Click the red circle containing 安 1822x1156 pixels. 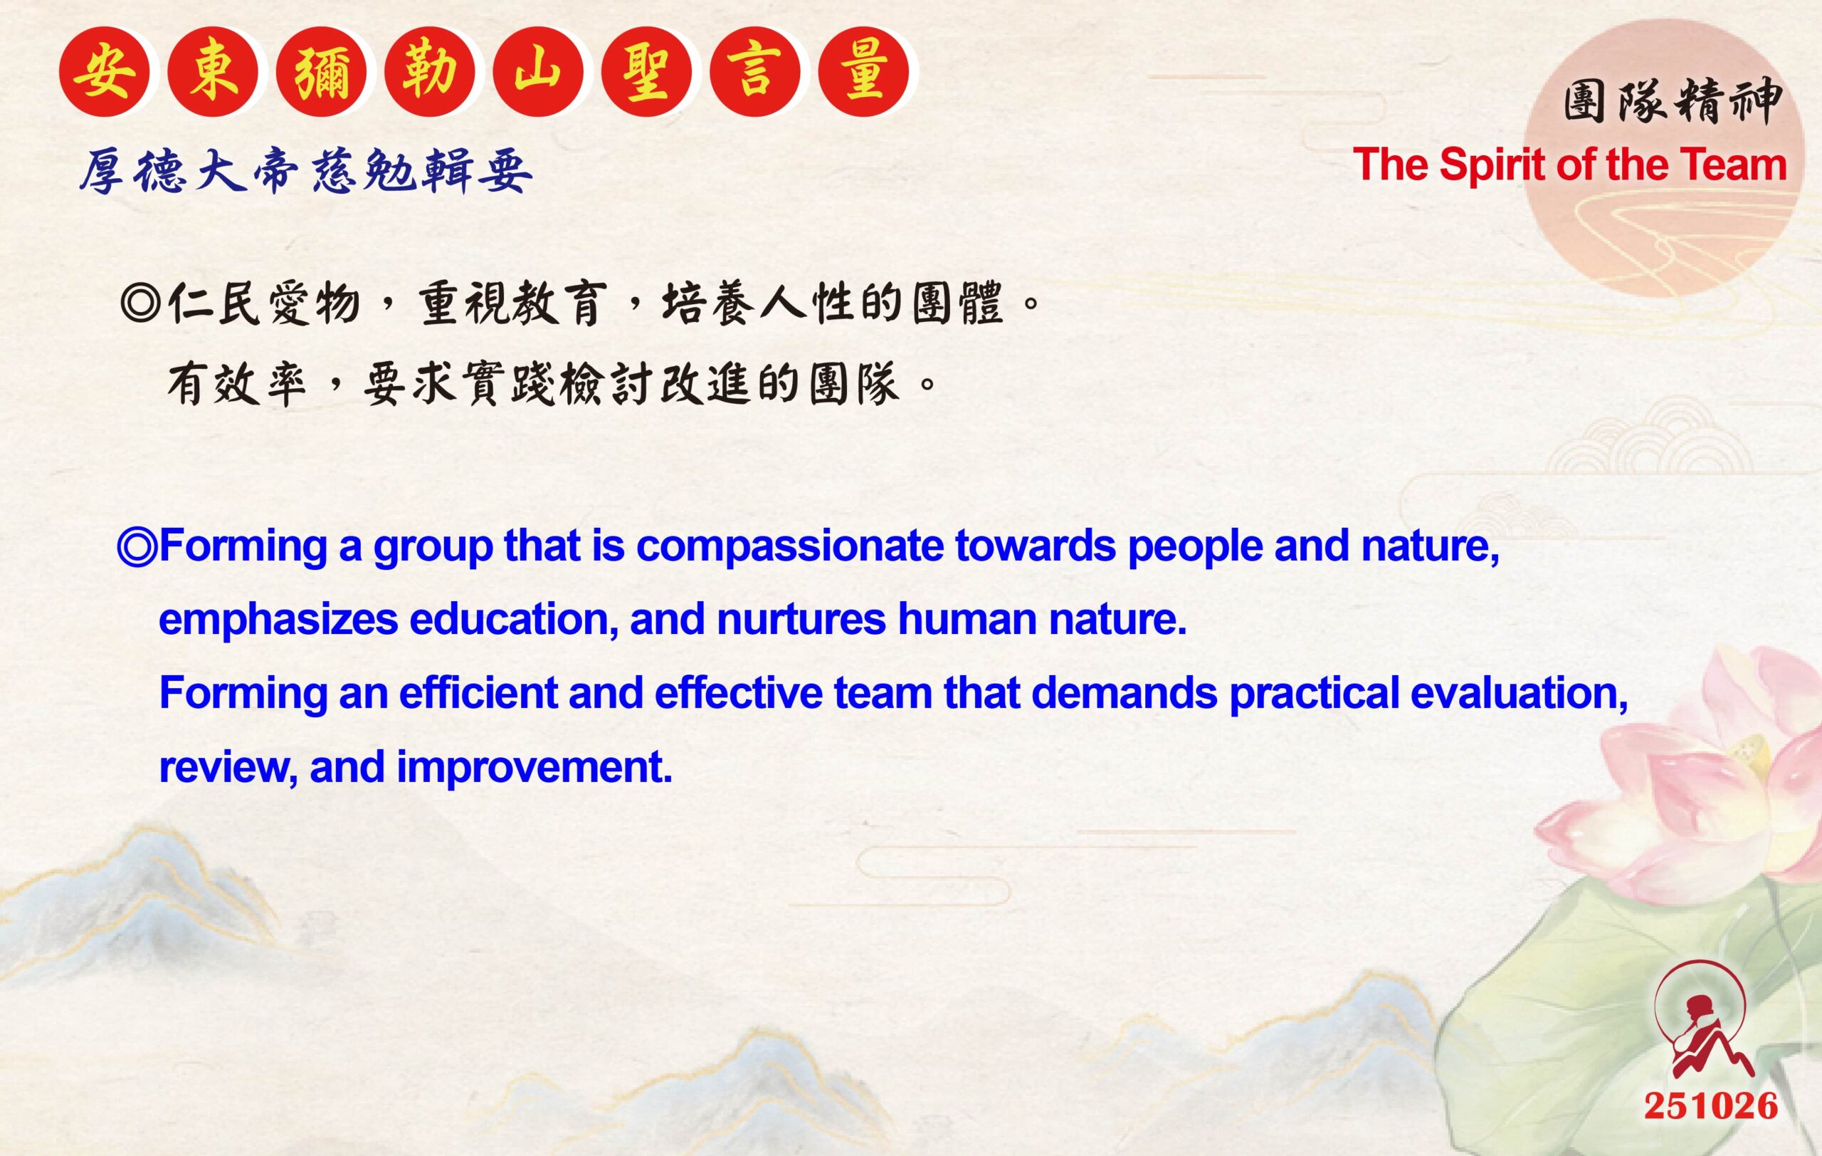[x=105, y=71]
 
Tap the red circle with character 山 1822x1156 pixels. [x=538, y=71]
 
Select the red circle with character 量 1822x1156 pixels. [x=863, y=71]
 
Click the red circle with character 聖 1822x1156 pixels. [x=646, y=71]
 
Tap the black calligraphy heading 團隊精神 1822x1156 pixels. [x=1673, y=101]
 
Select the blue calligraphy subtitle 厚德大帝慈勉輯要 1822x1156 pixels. [x=307, y=170]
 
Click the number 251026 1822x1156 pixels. [x=1711, y=1106]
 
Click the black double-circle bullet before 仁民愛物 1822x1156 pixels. [x=140, y=303]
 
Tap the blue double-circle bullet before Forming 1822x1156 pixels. [x=137, y=546]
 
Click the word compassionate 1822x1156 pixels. [x=790, y=546]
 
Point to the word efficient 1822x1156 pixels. [x=478, y=693]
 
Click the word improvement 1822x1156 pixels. [x=535, y=767]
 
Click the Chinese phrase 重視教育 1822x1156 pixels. [x=513, y=303]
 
